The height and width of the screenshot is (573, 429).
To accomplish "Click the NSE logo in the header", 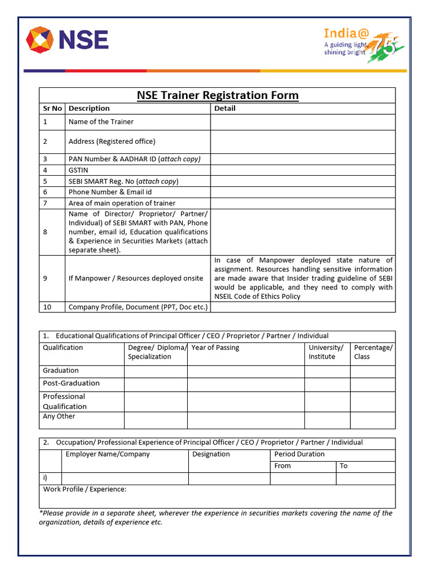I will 67,40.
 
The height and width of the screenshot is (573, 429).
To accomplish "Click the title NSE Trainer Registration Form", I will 217,96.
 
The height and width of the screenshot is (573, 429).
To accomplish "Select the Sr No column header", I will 53,109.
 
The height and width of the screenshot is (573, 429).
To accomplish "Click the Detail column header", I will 225,109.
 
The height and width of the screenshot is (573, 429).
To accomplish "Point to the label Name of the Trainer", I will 101,122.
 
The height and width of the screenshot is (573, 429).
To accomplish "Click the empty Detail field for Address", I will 302,142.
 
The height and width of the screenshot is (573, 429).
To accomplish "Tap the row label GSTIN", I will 78,170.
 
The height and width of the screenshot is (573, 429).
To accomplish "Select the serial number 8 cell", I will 45,232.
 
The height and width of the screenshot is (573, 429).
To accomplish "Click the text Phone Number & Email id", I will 110,192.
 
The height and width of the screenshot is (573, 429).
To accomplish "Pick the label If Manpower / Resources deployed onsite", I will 136,278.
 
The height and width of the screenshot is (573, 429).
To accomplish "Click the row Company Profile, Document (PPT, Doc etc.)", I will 138,307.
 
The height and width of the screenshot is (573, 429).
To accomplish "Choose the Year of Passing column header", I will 215,348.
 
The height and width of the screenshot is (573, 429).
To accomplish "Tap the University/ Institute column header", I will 326,352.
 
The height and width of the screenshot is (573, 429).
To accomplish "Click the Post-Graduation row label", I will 71,383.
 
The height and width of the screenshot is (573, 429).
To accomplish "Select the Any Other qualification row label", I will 59,416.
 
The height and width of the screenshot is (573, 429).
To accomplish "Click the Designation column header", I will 211,454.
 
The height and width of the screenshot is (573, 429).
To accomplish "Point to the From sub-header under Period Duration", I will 283,466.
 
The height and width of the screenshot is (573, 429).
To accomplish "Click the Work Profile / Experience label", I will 85,490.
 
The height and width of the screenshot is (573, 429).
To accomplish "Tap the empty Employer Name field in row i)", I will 125,478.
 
